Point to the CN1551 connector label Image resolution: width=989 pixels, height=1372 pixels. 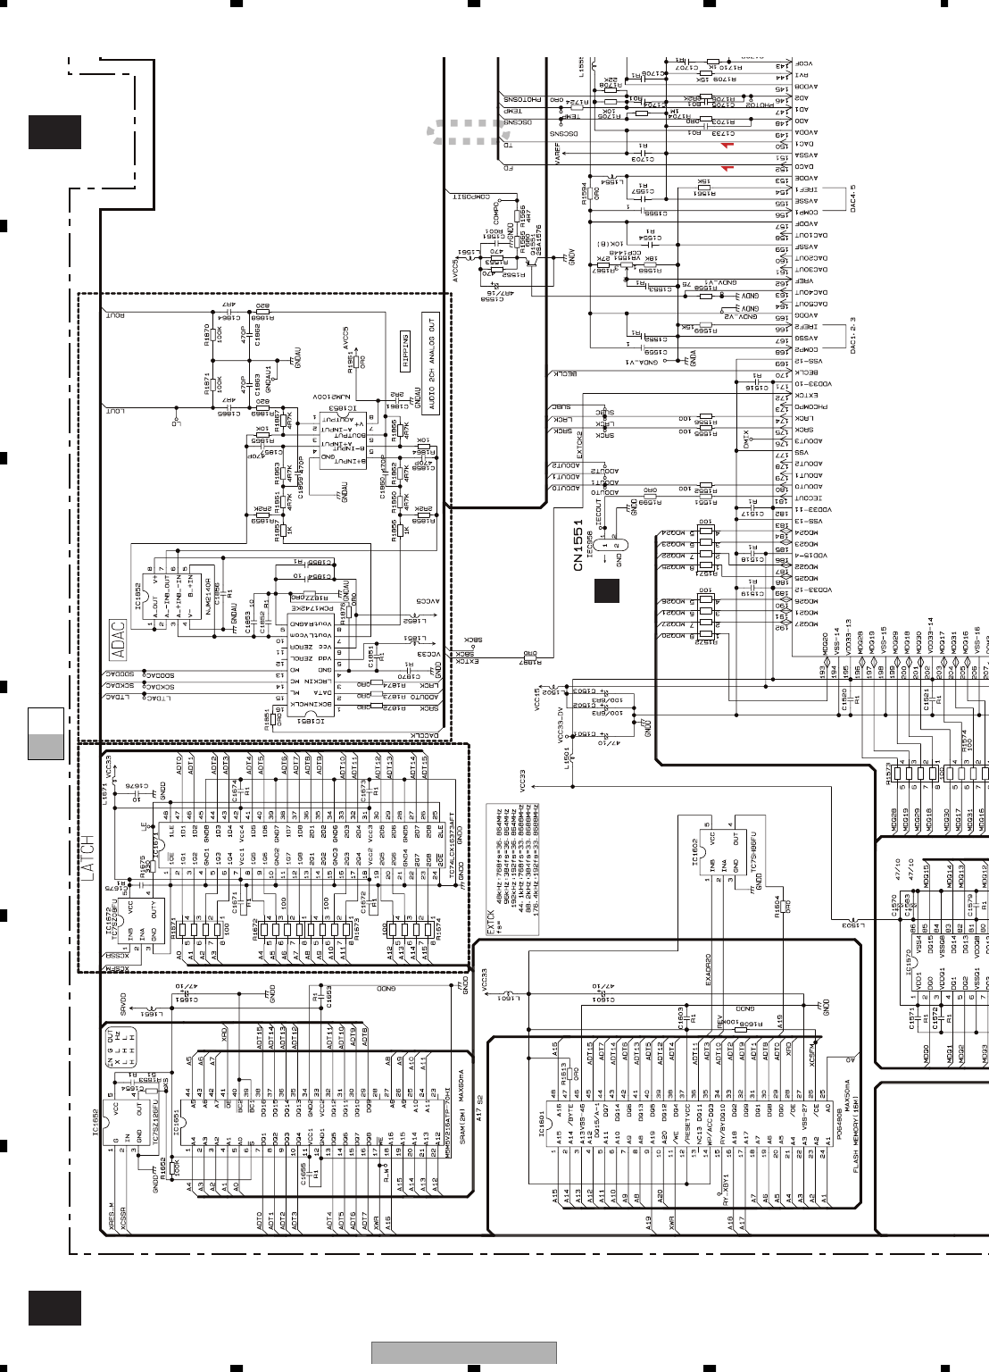(578, 545)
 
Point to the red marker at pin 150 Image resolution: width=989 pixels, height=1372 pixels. (727, 145)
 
